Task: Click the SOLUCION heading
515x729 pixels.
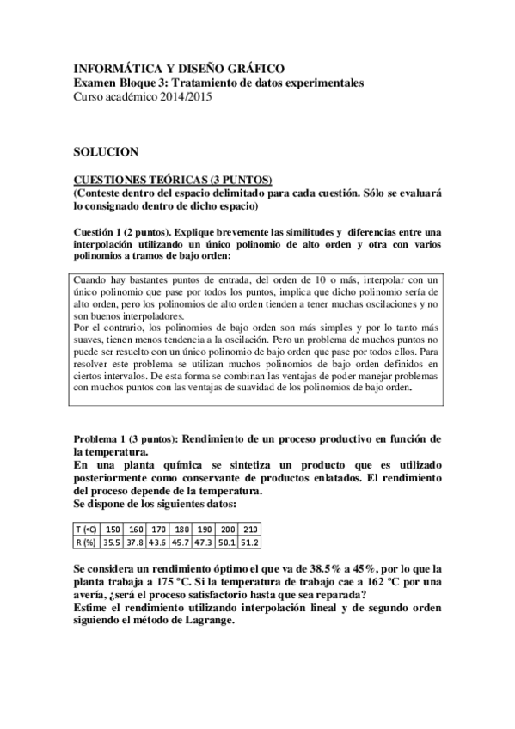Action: click(106, 151)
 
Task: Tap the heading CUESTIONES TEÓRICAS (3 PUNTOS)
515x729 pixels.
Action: click(172, 179)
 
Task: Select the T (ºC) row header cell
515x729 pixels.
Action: click(86, 530)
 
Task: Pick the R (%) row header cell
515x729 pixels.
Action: click(86, 542)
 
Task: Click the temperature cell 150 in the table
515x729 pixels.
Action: click(112, 530)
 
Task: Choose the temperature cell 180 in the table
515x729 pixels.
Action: click(181, 530)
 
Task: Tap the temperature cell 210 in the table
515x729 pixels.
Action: click(250, 530)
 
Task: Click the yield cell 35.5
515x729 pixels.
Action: click(112, 542)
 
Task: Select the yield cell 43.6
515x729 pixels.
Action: click(158, 542)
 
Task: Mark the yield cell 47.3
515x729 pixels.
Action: click(205, 542)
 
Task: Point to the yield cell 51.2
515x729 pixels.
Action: click(250, 542)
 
